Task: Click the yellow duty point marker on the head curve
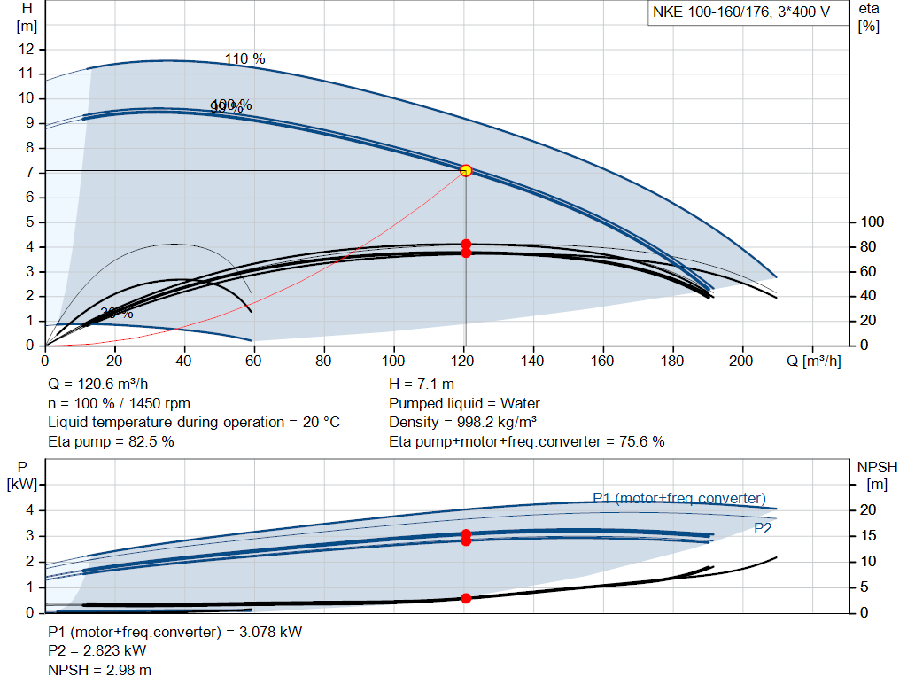(466, 170)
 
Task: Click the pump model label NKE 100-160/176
(740, 13)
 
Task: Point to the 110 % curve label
(244, 59)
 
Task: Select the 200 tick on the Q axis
(742, 361)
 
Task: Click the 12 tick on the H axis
(27, 48)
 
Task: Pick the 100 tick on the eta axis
(873, 222)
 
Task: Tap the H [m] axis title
(26, 16)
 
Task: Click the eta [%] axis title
(869, 16)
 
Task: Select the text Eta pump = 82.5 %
(111, 441)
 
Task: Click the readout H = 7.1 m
(422, 385)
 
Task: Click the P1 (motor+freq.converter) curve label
(679, 498)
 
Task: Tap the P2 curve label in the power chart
(764, 528)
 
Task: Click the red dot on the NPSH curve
(466, 598)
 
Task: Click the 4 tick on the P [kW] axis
(31, 509)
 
